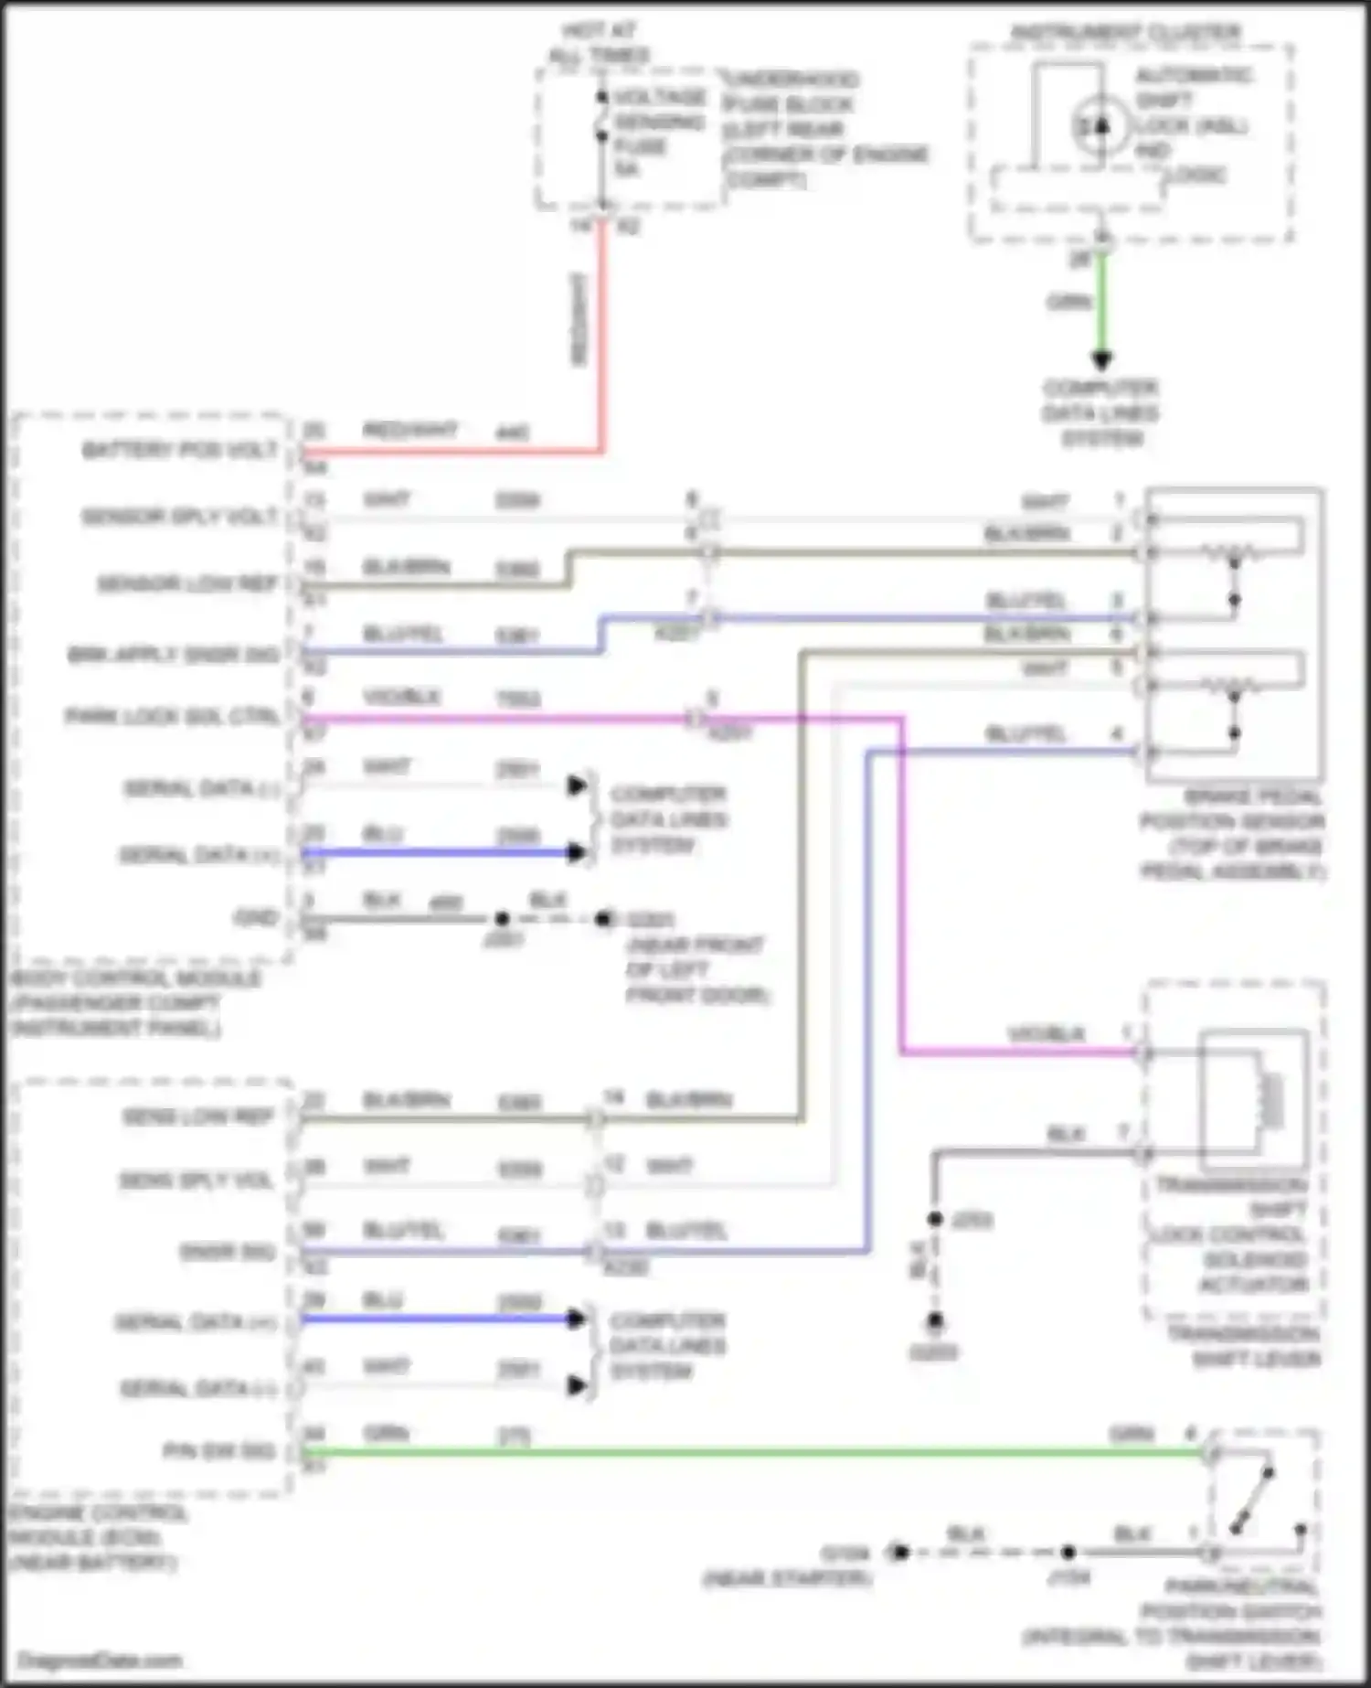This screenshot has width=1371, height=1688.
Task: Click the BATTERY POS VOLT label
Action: pos(180,450)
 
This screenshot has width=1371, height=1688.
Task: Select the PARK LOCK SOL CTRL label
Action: pos(172,716)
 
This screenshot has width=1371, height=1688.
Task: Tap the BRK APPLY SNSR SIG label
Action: pos(174,655)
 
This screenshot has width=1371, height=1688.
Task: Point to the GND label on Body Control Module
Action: pos(257,918)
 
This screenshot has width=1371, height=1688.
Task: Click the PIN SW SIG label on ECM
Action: pos(218,1451)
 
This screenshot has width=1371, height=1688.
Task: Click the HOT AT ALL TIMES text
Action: pos(600,44)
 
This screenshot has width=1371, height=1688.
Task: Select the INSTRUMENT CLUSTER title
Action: pos(1126,32)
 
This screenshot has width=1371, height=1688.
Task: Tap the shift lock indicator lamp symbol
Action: pos(1100,125)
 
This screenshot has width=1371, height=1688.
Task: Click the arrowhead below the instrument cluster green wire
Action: pos(1102,360)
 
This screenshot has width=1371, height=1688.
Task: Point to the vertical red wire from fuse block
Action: pos(601,338)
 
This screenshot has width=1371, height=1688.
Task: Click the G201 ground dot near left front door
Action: pos(603,919)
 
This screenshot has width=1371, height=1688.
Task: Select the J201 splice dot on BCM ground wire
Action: pos(502,919)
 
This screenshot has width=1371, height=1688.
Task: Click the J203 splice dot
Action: pos(935,1219)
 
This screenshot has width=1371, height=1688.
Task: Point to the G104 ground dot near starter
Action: pos(900,1552)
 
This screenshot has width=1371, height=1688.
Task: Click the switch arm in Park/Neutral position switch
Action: pos(1253,1500)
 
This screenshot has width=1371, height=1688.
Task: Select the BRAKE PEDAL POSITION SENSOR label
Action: pos(1232,834)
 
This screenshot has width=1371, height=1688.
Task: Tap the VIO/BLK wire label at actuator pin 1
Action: pos(1046,1034)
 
